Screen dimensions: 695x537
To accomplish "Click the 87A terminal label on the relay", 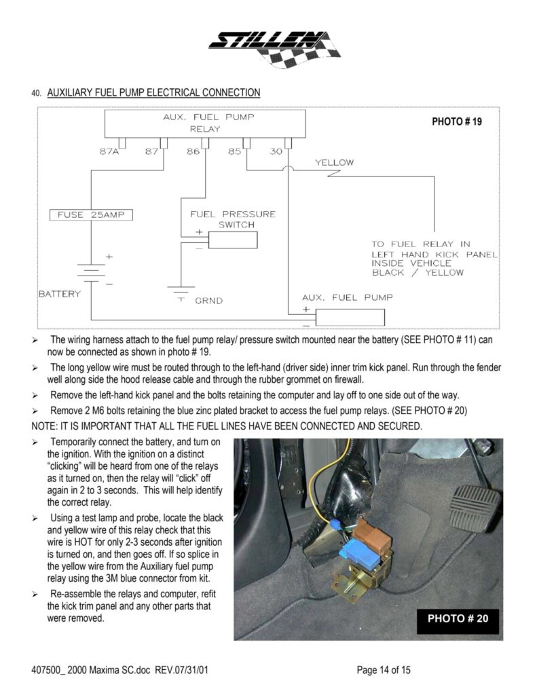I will [109, 151].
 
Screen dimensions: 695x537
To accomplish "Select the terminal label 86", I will [193, 151].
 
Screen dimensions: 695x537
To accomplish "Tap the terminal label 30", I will [275, 151].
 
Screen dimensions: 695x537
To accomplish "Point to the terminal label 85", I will [234, 151].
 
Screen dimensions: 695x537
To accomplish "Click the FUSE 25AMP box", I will [92, 215].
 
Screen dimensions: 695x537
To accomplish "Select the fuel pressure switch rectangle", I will [232, 240].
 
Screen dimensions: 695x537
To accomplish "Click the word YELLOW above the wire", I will [334, 163].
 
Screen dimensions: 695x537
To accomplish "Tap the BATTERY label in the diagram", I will [59, 294].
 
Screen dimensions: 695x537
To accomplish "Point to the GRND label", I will [209, 300].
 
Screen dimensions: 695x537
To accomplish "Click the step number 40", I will [36, 94].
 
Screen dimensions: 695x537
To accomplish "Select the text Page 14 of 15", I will [384, 671].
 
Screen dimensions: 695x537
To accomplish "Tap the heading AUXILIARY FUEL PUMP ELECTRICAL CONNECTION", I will [153, 92].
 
